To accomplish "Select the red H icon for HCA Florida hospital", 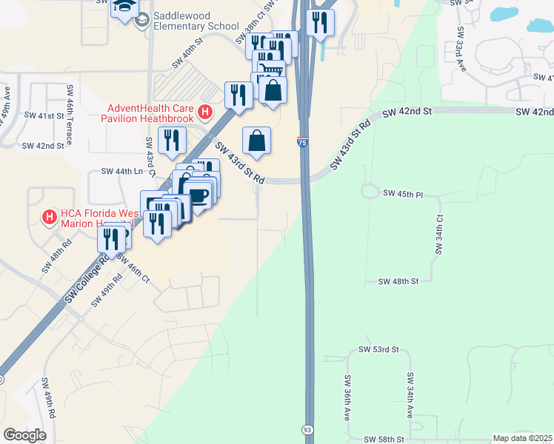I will pos(49,217).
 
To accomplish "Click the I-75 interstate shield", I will pos(303,142).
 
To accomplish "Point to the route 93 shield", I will pos(307,429).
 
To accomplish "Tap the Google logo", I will pos(25,434).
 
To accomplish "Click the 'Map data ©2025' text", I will pos(522,438).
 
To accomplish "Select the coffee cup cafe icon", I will pos(198,194).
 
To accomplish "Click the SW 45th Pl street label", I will pos(403,193).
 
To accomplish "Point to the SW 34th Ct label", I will pos(439,236).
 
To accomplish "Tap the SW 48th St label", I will pos(398,282).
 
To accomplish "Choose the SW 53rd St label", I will pos(378,349).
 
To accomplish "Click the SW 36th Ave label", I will pos(347,397).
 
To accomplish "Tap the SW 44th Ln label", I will pos(121,172).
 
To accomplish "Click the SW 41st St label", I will pos(44,115).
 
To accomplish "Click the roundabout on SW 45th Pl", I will pos(370,191).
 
